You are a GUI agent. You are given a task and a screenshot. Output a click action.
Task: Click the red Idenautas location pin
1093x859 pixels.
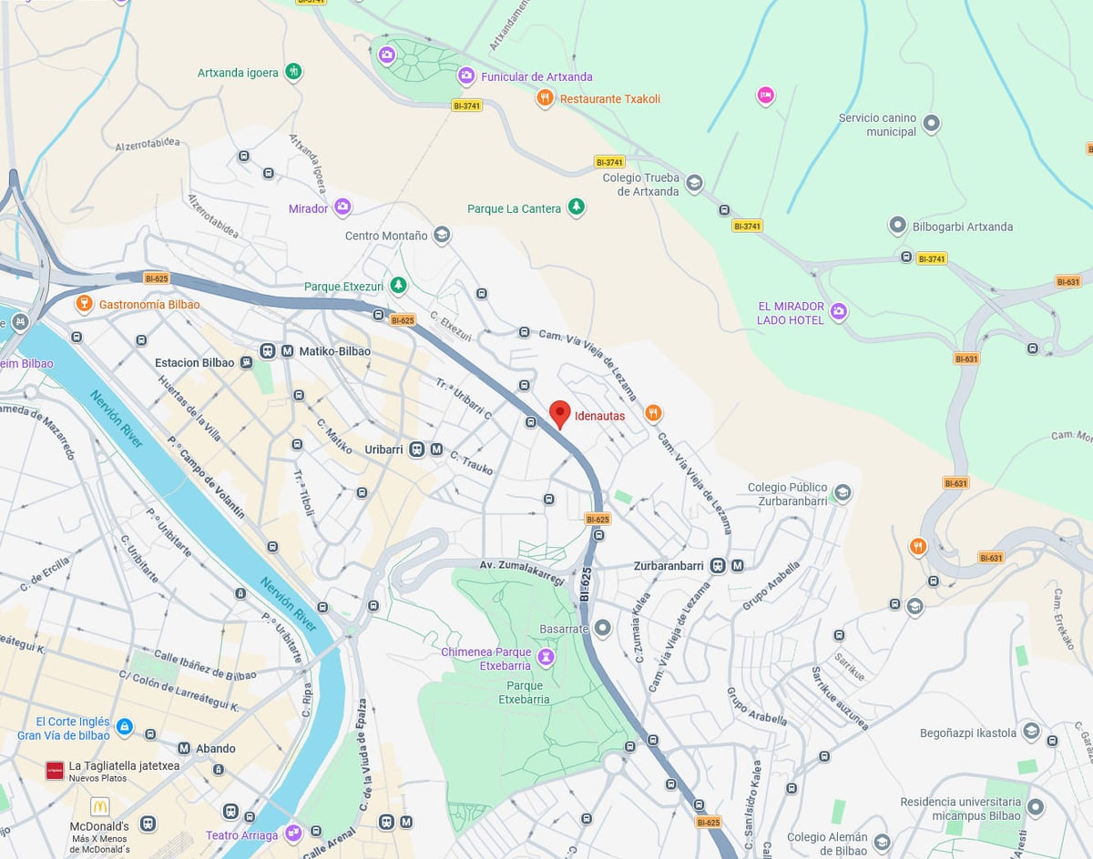click(561, 413)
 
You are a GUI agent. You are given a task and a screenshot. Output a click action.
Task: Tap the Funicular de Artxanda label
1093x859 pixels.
click(536, 76)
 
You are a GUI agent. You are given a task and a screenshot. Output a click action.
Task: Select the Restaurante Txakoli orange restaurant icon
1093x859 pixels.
click(545, 98)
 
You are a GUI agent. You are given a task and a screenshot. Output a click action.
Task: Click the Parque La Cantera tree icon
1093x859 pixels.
click(576, 207)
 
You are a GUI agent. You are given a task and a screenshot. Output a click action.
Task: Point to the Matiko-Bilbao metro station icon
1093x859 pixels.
click(287, 350)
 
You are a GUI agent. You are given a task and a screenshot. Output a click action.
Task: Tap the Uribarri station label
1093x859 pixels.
click(383, 450)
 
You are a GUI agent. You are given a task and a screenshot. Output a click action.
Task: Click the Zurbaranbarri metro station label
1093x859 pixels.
click(669, 565)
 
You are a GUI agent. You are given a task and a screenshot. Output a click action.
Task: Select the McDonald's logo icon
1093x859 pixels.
click(99, 806)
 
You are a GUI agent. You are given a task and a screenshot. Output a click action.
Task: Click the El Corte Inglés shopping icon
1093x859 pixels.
click(125, 727)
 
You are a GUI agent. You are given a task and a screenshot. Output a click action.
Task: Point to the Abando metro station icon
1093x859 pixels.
click(184, 748)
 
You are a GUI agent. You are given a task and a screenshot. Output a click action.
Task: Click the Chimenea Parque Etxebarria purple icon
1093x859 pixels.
click(546, 657)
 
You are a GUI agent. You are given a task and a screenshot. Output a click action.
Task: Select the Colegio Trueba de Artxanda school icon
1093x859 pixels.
click(694, 184)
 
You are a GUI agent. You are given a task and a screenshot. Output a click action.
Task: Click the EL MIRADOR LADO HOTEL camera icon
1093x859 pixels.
click(839, 312)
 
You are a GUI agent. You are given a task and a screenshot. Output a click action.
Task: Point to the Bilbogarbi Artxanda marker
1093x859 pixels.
click(897, 226)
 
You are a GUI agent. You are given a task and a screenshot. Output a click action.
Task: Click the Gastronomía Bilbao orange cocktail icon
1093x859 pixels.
click(85, 303)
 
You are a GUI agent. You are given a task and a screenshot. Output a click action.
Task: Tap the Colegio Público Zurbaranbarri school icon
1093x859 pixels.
click(843, 493)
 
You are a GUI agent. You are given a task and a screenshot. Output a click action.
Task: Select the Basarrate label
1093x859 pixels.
click(564, 629)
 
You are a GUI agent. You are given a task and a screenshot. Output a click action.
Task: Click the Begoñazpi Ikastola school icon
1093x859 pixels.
click(1031, 732)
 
